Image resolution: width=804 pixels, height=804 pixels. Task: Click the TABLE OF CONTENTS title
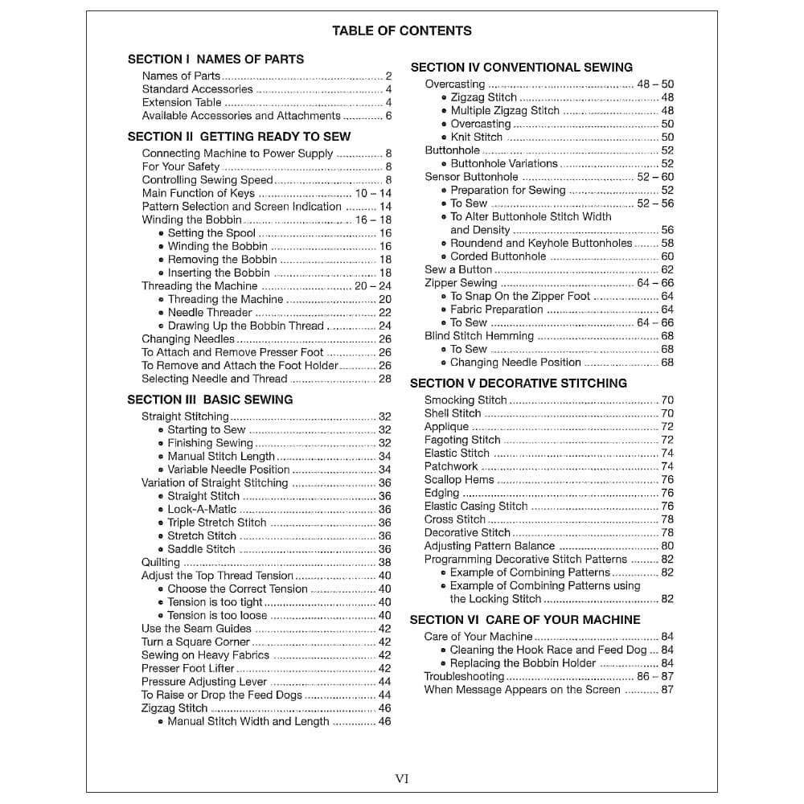point(401,31)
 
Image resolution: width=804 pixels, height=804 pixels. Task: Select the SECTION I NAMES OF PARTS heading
point(215,59)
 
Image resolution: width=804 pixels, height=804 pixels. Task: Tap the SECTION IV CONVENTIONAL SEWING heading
point(521,67)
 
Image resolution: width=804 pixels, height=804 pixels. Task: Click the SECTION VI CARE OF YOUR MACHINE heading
point(524,619)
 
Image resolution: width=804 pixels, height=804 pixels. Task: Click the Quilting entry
point(161,562)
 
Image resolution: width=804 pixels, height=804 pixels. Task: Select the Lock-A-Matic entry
point(202,509)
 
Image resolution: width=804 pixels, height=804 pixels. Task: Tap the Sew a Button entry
point(458,269)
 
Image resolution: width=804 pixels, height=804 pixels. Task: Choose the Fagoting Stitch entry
point(462,440)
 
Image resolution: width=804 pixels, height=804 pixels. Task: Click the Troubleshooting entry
point(464,676)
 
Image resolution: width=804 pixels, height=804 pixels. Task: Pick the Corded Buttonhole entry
point(498,256)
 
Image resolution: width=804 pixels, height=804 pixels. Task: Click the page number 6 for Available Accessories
point(388,116)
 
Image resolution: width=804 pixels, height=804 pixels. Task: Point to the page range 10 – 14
point(373,193)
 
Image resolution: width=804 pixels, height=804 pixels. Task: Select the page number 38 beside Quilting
point(385,562)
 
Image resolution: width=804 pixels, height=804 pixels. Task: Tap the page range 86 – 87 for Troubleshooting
point(655,676)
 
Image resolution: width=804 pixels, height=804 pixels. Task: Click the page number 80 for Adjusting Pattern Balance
point(667,546)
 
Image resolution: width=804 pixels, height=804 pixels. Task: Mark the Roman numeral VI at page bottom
point(402,777)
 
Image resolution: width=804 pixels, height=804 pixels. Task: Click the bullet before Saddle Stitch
point(161,549)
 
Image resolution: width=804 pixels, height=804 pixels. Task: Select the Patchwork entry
point(451,466)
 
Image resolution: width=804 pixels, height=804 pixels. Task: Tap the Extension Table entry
point(182,102)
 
